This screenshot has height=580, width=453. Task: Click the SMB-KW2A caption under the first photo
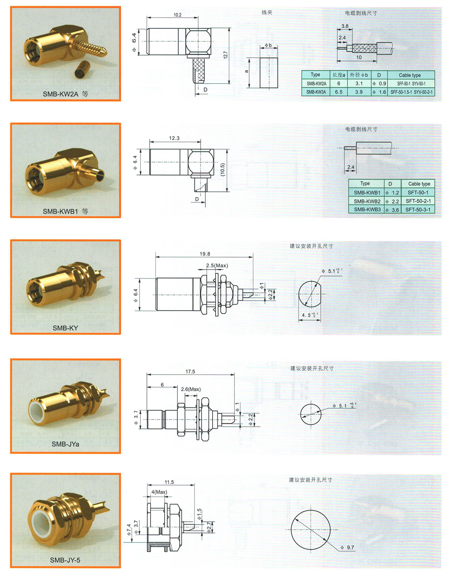(x=60, y=94)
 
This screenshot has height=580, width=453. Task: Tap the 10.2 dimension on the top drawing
(x=177, y=15)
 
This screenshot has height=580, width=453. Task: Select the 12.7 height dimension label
(x=225, y=55)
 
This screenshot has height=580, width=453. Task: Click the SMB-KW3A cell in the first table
(x=316, y=92)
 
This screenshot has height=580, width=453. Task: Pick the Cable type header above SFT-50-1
(x=419, y=184)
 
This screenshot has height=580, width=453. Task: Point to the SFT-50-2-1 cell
(x=418, y=201)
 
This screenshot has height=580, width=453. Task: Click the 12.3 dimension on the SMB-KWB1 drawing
(x=174, y=138)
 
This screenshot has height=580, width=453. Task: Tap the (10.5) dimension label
(x=223, y=169)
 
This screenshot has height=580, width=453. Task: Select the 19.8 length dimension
(x=205, y=254)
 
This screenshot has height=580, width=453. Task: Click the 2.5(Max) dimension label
(x=217, y=265)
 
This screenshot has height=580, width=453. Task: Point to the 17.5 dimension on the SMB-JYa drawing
(x=190, y=371)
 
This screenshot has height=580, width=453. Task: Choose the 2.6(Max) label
(x=191, y=389)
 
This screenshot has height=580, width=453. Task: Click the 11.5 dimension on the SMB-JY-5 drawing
(x=169, y=482)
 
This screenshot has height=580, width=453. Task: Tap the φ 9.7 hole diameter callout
(x=347, y=548)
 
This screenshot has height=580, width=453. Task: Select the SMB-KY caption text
(x=65, y=328)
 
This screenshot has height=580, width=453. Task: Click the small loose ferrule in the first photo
(x=82, y=69)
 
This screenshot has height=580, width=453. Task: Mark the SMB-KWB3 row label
(x=367, y=210)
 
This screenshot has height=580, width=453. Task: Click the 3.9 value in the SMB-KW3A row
(x=359, y=92)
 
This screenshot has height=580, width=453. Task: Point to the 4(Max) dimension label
(x=159, y=492)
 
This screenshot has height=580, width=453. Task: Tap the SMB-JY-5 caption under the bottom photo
(x=65, y=560)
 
